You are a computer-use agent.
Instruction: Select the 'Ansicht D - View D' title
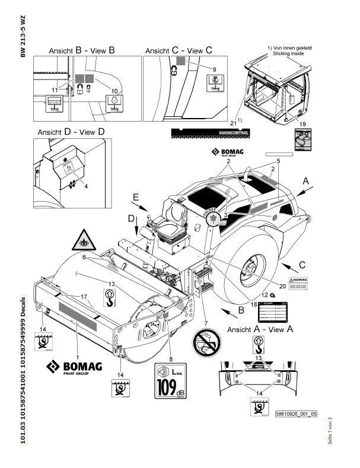tap(71, 131)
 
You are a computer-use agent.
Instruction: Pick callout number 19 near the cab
tap(302, 124)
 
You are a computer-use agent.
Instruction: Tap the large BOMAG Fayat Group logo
tap(75, 368)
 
